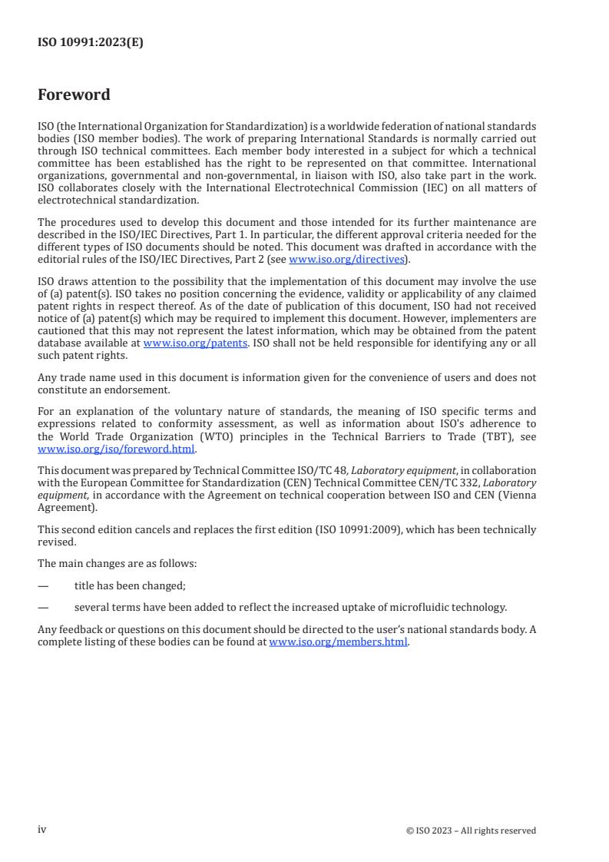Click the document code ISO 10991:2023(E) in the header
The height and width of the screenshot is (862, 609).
pos(90,43)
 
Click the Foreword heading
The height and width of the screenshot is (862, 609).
pos(74,95)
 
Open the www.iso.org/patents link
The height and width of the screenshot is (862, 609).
pos(195,343)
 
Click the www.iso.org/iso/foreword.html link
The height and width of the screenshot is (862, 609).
pos(117,450)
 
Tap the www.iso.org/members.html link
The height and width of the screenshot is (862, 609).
pos(338,642)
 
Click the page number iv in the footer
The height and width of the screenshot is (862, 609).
pos(42,830)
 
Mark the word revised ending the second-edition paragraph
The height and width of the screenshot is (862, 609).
pos(55,541)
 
